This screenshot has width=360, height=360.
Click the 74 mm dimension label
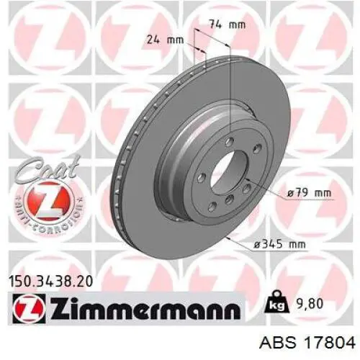pos(228,24)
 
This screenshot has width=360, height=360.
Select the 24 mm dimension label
pos(165,40)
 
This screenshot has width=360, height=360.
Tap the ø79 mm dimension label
pos(309,193)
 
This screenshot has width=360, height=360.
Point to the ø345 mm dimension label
pos(280,245)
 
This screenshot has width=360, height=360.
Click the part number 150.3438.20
pos(50,282)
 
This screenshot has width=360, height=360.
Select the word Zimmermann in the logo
pos(145,308)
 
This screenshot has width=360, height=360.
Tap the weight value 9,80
pos(307,304)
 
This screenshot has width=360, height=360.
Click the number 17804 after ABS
pos(330,343)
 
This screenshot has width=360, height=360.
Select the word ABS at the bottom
pos(278,343)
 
